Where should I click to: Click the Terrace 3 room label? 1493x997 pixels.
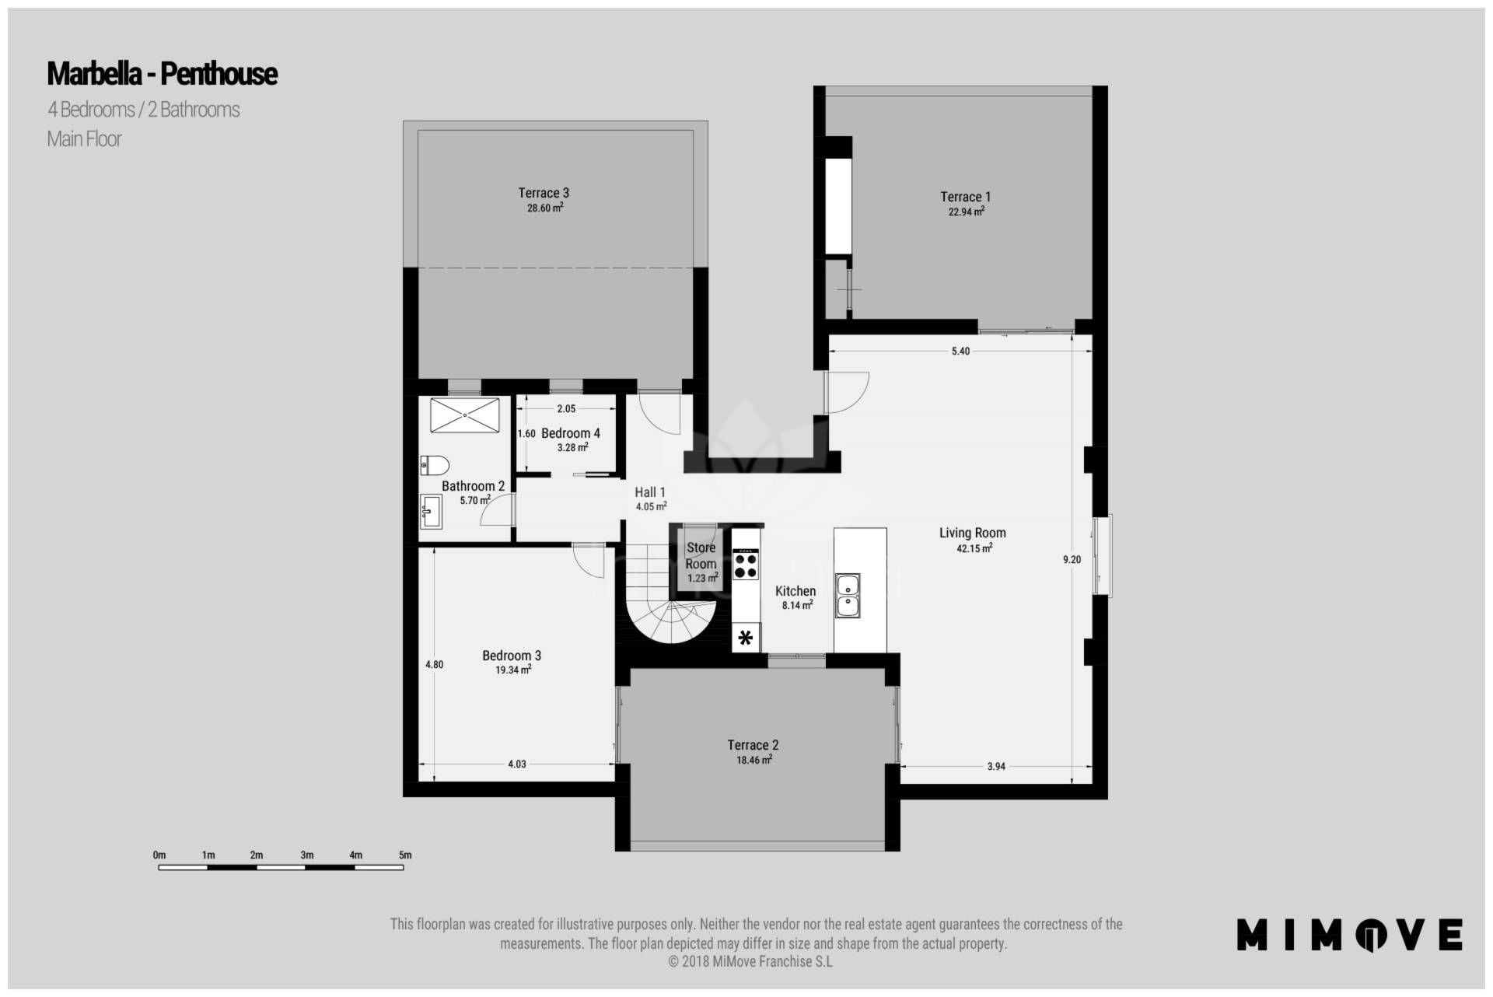pyautogui.click(x=544, y=193)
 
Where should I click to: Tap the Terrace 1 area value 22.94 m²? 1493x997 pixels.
pyautogui.click(x=966, y=212)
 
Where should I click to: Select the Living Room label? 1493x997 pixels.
pyautogui.click(x=972, y=533)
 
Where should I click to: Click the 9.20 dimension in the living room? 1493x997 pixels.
pyautogui.click(x=1072, y=559)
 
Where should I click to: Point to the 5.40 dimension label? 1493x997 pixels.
pyautogui.click(x=960, y=352)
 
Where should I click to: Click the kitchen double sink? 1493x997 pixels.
pyautogui.click(x=848, y=596)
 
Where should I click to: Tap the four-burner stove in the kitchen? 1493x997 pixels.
pyautogui.click(x=745, y=565)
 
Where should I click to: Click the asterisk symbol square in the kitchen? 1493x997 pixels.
pyautogui.click(x=746, y=638)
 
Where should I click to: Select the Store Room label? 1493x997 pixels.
pyautogui.click(x=701, y=555)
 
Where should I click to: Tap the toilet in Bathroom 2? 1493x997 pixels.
pyautogui.click(x=434, y=465)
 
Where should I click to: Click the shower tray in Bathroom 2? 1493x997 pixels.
pyautogui.click(x=464, y=415)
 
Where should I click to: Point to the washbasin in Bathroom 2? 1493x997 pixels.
pyautogui.click(x=431, y=512)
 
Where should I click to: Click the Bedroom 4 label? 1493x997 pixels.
pyautogui.click(x=570, y=433)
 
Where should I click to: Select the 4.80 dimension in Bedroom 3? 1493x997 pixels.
pyautogui.click(x=434, y=665)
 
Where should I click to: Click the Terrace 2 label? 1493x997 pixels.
pyautogui.click(x=753, y=745)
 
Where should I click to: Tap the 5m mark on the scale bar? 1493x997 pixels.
pyautogui.click(x=404, y=855)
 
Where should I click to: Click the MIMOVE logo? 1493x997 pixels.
pyautogui.click(x=1349, y=935)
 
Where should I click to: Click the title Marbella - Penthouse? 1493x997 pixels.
pyautogui.click(x=162, y=74)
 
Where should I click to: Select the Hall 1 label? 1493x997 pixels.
pyautogui.click(x=649, y=492)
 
